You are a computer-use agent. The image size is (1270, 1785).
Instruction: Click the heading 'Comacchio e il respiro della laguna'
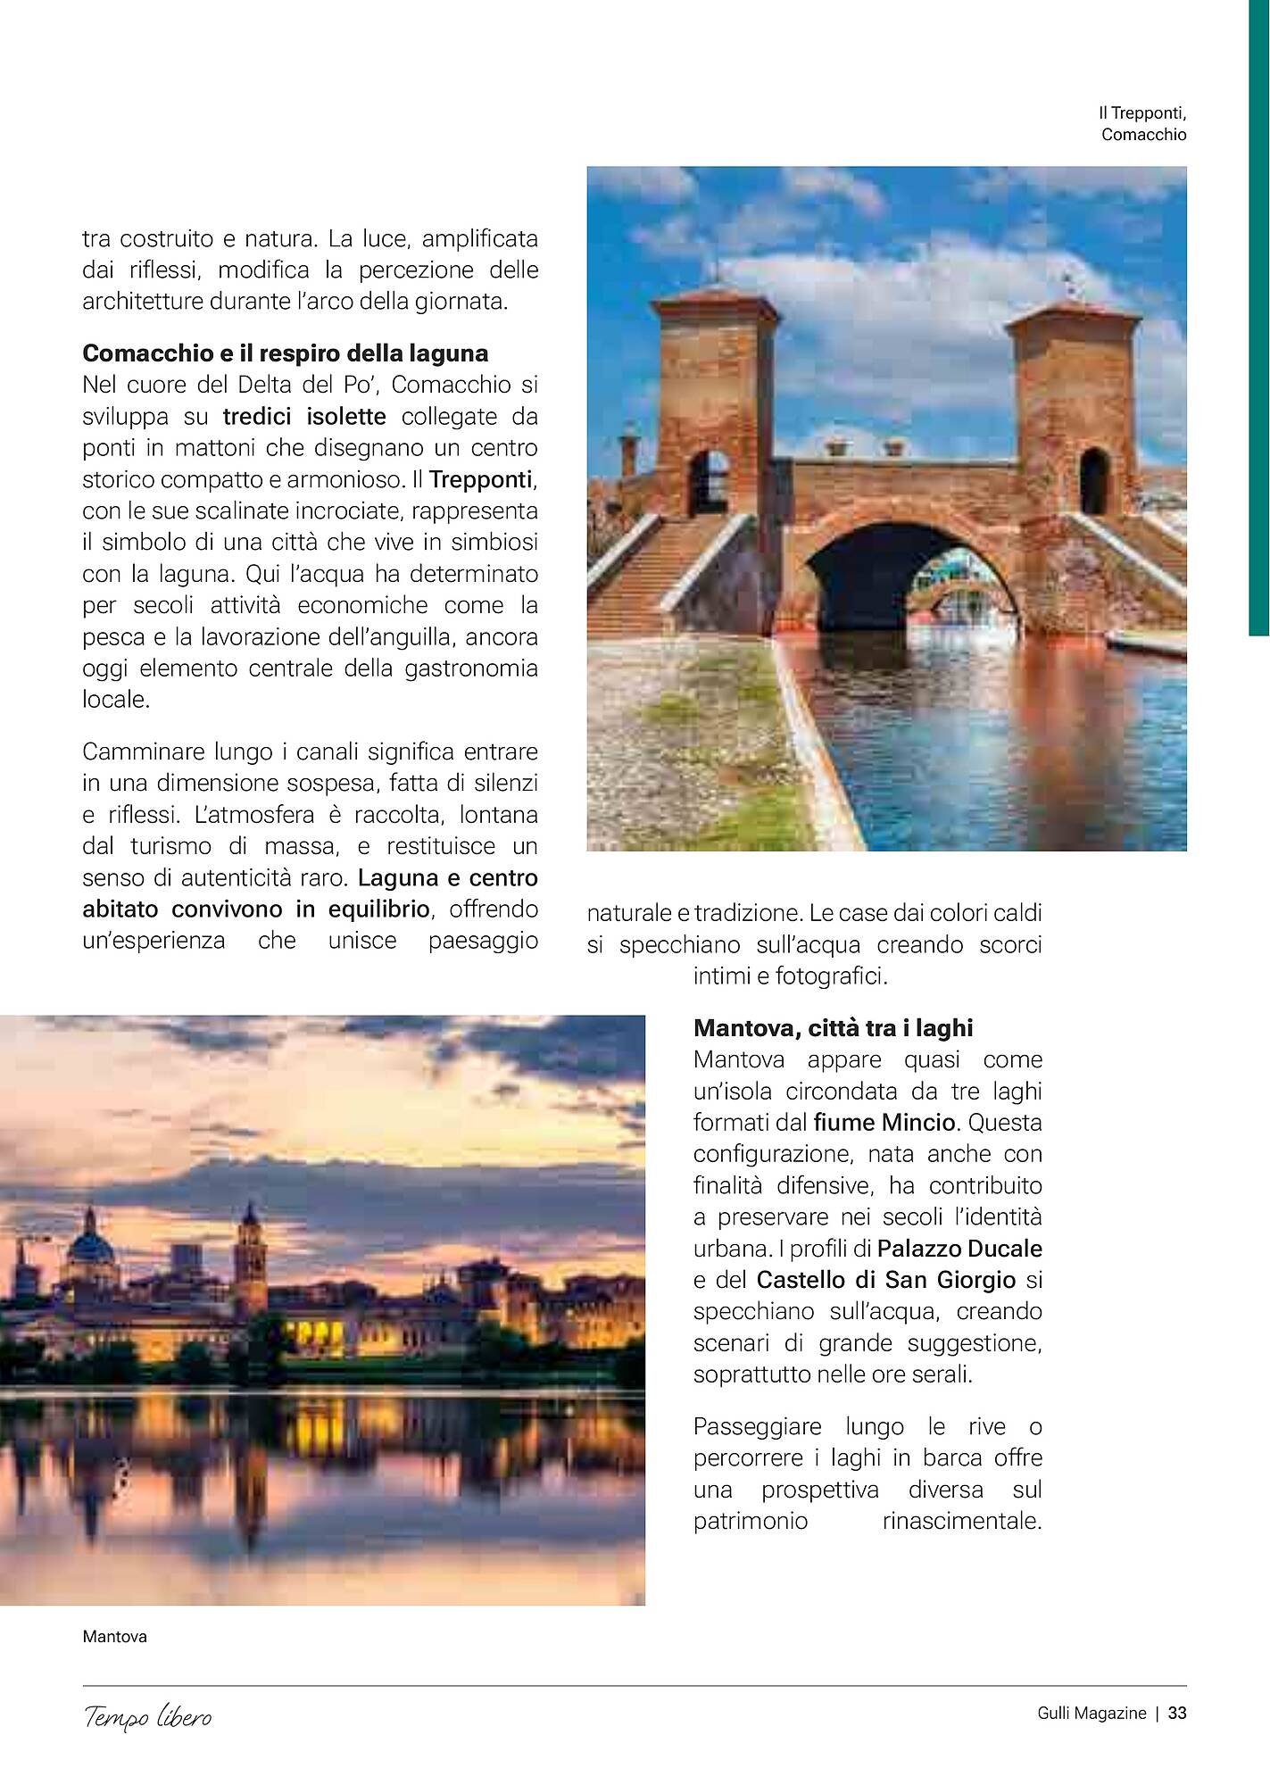pyautogui.click(x=285, y=353)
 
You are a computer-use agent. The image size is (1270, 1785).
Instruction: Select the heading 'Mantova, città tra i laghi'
pyautogui.click(x=833, y=1027)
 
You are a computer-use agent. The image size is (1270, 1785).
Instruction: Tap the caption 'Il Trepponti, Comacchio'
pyautogui.click(x=1142, y=124)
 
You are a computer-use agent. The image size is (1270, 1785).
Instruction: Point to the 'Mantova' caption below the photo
pyautogui.click(x=114, y=1637)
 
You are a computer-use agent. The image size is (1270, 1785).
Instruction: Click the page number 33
pyautogui.click(x=1177, y=1713)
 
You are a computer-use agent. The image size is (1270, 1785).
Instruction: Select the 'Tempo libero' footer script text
pyautogui.click(x=148, y=1716)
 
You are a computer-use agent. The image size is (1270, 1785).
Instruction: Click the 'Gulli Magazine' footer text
pyautogui.click(x=1091, y=1713)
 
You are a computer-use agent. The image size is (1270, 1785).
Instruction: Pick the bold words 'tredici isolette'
pyautogui.click(x=304, y=416)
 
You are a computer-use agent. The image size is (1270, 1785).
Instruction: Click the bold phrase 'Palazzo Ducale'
pyautogui.click(x=959, y=1248)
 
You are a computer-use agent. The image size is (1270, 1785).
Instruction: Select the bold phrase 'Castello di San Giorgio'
pyautogui.click(x=885, y=1280)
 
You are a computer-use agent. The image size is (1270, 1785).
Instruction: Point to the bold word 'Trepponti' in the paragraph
pyautogui.click(x=481, y=479)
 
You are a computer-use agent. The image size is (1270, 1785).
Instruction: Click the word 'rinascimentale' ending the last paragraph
pyautogui.click(x=961, y=1521)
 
